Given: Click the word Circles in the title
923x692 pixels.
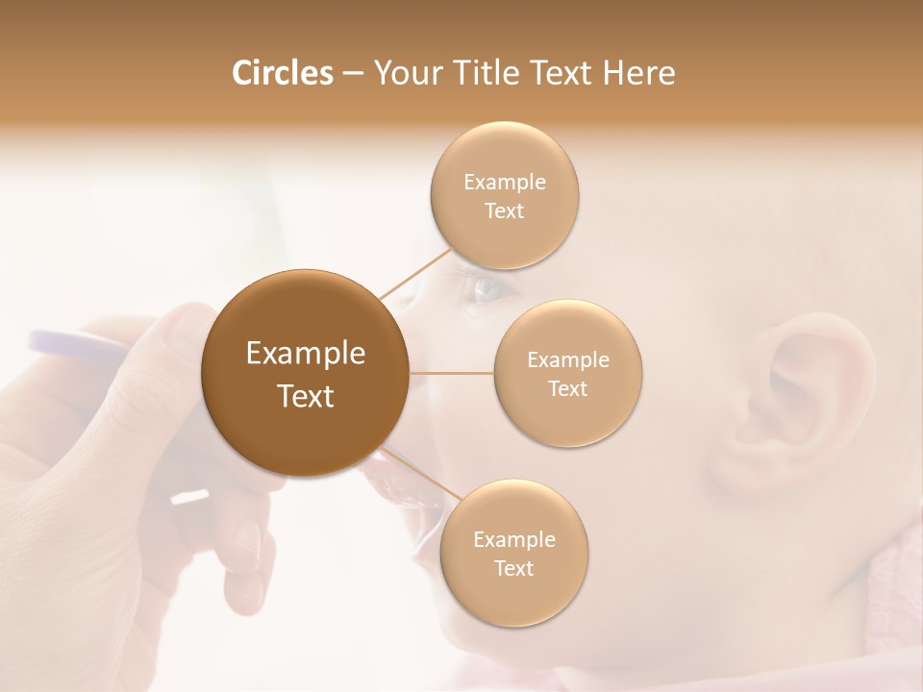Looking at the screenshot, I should pyautogui.click(x=283, y=73).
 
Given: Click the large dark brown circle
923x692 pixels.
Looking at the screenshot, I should pyautogui.click(x=306, y=373).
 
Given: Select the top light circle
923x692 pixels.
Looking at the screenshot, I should pyautogui.click(x=504, y=195).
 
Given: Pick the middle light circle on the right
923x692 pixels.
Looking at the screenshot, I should pyautogui.click(x=567, y=373).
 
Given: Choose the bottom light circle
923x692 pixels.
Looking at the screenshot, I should pyautogui.click(x=513, y=553).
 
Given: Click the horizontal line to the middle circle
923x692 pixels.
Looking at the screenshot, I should pyautogui.click(x=451, y=373).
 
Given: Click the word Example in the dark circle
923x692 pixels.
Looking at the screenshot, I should pyautogui.click(x=306, y=354).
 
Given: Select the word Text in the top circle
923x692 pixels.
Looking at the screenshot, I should pyautogui.click(x=504, y=210).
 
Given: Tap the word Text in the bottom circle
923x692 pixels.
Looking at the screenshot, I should pyautogui.click(x=513, y=568).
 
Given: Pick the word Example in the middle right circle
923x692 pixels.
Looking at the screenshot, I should pyautogui.click(x=567, y=359).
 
